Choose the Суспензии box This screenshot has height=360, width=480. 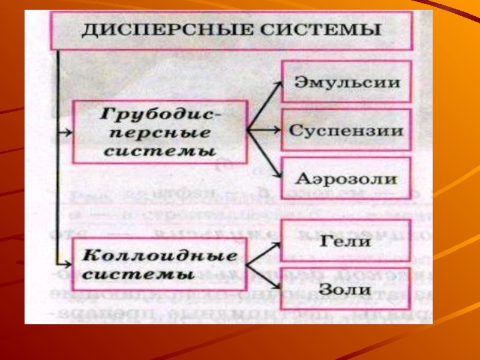coord(347,131)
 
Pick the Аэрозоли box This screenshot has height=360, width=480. coord(347,179)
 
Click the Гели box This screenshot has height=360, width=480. coord(347,242)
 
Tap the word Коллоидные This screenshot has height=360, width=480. coord(160,256)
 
